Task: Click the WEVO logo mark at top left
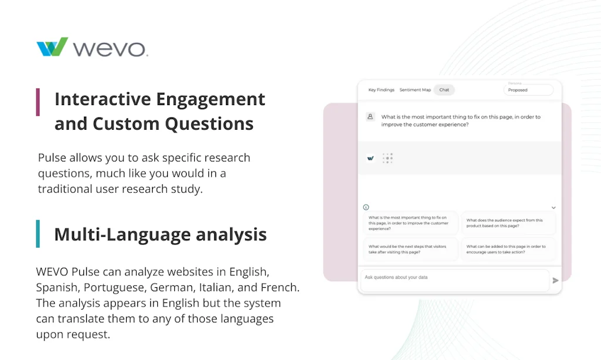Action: click(x=52, y=47)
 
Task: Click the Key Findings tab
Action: click(x=381, y=90)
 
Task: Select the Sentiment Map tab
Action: click(x=415, y=90)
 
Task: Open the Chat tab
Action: click(x=444, y=90)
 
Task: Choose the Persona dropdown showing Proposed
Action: click(x=528, y=90)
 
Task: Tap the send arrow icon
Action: click(x=555, y=281)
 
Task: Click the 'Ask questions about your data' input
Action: click(x=455, y=278)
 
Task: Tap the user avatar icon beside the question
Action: click(x=370, y=117)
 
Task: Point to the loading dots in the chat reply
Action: click(x=387, y=158)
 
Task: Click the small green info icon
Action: click(x=366, y=207)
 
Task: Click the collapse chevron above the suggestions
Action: click(x=553, y=208)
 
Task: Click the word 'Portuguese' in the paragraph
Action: click(x=114, y=288)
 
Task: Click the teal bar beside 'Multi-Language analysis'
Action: click(x=38, y=234)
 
